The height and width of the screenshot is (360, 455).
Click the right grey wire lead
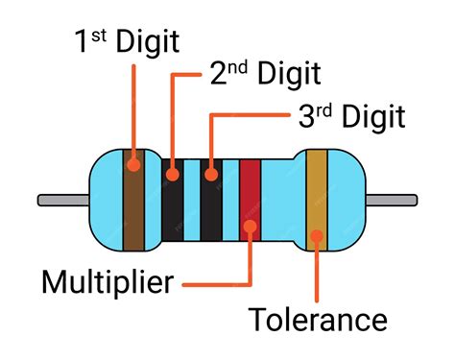393,200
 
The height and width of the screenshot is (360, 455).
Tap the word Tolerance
318,320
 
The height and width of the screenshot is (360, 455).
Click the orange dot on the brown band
133,164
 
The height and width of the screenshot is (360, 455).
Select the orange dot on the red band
250,228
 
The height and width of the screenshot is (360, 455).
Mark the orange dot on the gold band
317,235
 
